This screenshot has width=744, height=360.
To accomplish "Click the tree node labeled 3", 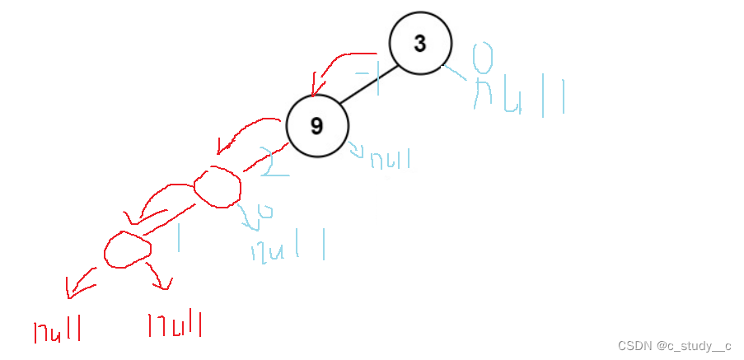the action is click(420, 44).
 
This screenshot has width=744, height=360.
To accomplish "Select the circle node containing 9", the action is click(317, 126).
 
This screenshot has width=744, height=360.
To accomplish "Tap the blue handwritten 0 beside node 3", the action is click(484, 58).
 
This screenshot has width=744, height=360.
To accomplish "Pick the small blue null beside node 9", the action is click(387, 158).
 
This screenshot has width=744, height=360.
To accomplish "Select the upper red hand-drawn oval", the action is click(217, 186).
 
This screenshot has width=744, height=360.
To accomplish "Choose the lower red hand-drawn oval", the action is click(128, 248).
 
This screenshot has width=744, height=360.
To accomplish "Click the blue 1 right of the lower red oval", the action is click(178, 236).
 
